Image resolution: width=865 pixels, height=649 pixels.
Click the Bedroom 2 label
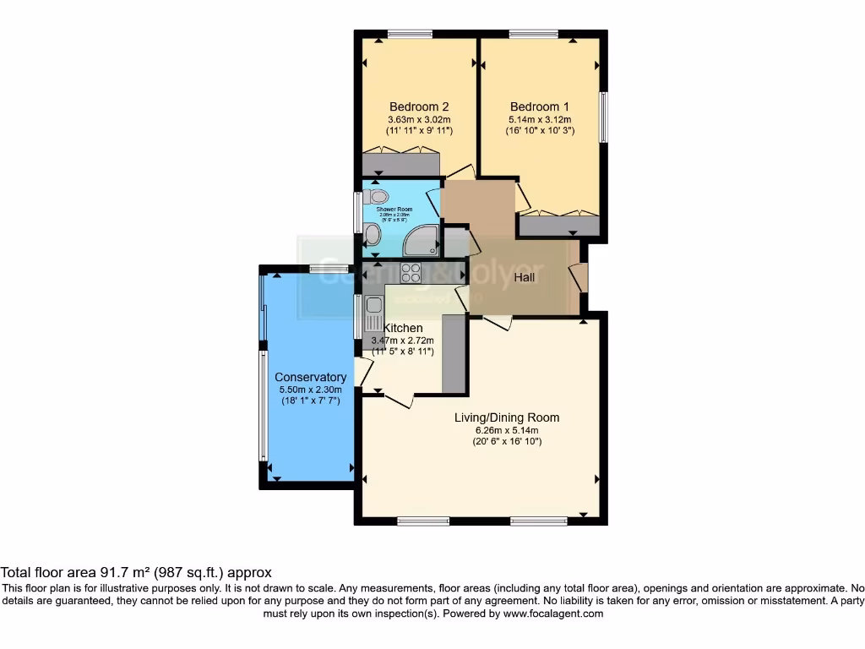(x=419, y=106)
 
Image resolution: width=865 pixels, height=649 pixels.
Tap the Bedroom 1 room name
(x=540, y=106)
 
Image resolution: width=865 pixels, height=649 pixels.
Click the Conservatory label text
(x=310, y=377)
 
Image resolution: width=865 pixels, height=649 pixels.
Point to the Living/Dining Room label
(x=507, y=417)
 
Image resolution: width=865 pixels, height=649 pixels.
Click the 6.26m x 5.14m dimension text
(x=507, y=429)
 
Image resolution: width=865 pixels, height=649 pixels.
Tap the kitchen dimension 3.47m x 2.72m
(x=403, y=341)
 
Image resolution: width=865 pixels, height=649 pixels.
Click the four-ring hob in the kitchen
(x=411, y=272)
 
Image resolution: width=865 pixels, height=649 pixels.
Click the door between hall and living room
(x=498, y=321)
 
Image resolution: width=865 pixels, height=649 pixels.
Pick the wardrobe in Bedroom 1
(x=558, y=225)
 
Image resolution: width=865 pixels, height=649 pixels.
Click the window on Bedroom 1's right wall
(x=604, y=117)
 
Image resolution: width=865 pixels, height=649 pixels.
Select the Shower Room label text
(x=394, y=209)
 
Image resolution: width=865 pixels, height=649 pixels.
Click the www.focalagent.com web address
(x=552, y=614)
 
